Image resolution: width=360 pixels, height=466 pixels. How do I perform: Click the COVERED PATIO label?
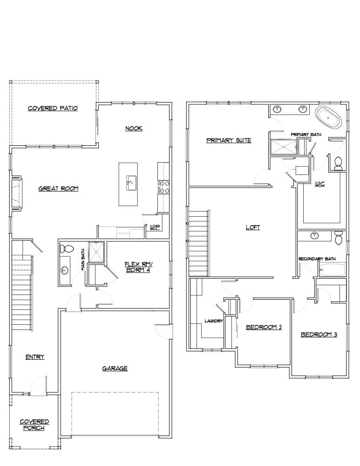coord(53,108)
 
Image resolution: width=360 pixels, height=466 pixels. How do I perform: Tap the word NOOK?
coord(134,128)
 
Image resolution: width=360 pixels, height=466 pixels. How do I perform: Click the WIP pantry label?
coord(155,227)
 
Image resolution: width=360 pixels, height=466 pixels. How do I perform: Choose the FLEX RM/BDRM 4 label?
coord(137,267)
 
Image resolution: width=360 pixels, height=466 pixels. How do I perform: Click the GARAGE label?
coord(115,368)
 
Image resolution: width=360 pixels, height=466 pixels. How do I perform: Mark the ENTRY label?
coord(35,357)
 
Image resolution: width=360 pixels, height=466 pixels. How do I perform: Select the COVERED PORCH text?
coord(34,425)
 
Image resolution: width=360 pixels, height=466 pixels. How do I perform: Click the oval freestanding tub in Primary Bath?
coord(329,117)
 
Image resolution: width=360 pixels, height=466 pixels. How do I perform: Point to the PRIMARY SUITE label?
coord(229,140)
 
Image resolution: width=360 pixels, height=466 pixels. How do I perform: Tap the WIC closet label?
coord(319,184)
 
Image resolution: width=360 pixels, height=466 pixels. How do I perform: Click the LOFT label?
coord(253,227)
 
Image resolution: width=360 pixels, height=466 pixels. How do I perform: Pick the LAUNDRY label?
coord(214,321)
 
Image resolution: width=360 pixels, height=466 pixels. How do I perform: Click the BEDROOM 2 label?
coord(264,327)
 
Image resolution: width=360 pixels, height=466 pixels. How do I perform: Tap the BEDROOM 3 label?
coord(319,334)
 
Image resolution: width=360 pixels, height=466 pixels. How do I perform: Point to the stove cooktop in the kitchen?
coord(164,187)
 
